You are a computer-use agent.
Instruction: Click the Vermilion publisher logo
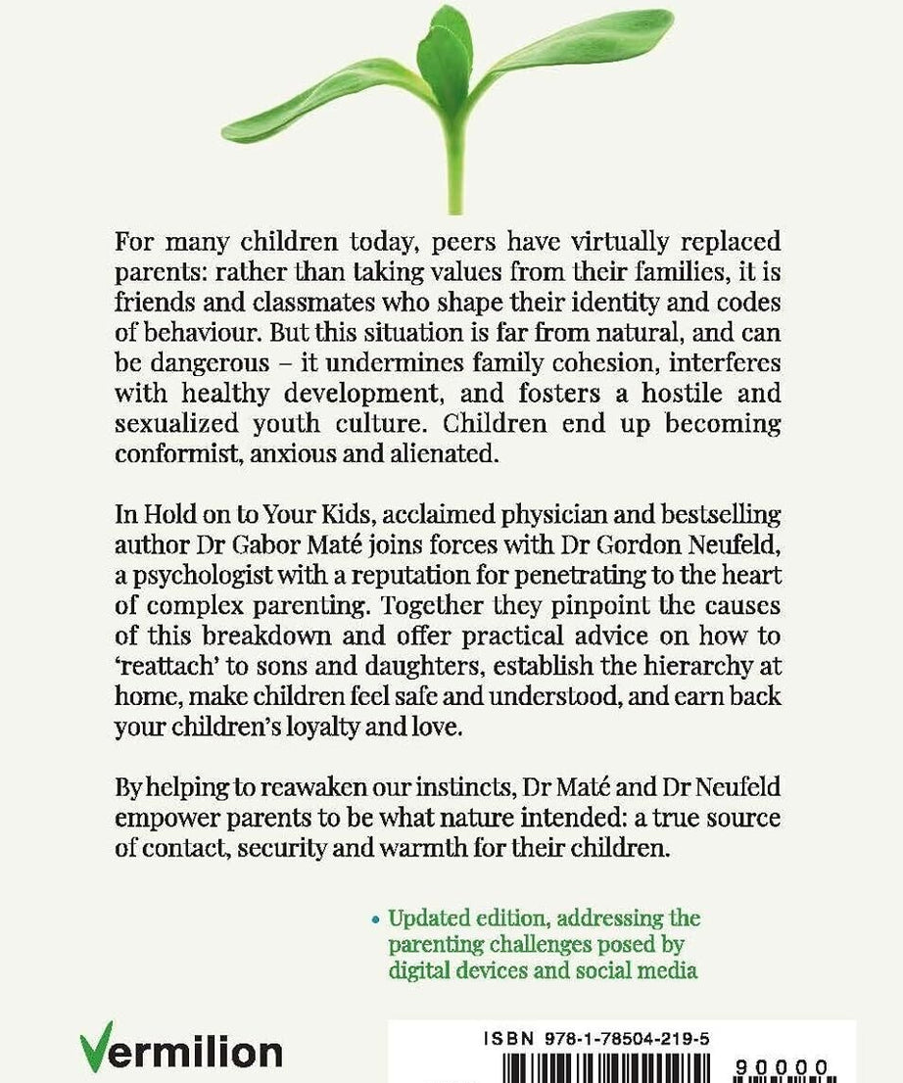click(x=180, y=1053)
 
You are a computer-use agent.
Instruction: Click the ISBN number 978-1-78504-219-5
click(x=623, y=1042)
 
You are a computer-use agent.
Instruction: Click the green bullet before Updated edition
click(x=375, y=920)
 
